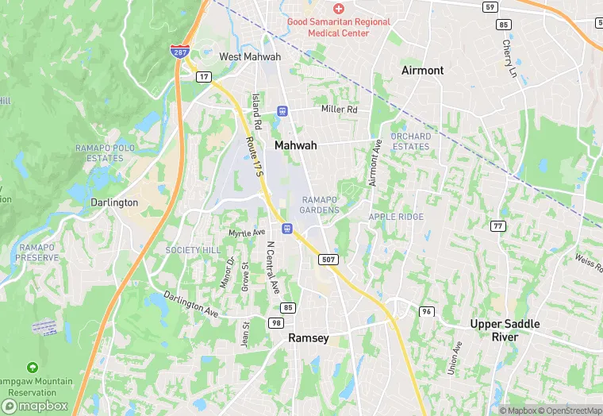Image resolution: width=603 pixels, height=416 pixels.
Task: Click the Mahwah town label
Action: [295, 145]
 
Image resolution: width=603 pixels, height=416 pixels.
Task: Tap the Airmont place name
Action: [422, 70]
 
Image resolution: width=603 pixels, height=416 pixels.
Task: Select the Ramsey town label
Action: [308, 337]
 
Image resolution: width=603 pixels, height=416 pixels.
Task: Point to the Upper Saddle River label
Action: [505, 330]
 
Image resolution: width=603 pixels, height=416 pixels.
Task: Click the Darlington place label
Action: [114, 202]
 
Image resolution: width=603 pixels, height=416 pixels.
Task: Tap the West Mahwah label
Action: [250, 57]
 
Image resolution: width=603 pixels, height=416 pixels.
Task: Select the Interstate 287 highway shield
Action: [179, 52]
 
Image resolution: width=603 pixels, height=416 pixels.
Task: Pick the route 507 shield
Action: [329, 260]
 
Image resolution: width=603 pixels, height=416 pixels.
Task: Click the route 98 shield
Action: [276, 322]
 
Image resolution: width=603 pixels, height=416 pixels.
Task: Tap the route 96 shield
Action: [428, 310]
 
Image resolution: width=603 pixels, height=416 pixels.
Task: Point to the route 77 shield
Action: [498, 226]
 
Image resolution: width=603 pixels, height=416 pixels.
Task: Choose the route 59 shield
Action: [491, 7]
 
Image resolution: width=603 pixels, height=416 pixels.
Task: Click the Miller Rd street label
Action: [339, 109]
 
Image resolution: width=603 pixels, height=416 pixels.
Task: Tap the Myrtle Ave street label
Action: [246, 233]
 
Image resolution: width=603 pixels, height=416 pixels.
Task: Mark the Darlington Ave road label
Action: [190, 305]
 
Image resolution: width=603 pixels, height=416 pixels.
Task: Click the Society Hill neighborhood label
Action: [192, 250]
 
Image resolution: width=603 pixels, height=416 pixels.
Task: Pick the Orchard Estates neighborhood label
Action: [410, 141]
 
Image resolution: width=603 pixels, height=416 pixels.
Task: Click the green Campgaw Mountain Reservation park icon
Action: [32, 368]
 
